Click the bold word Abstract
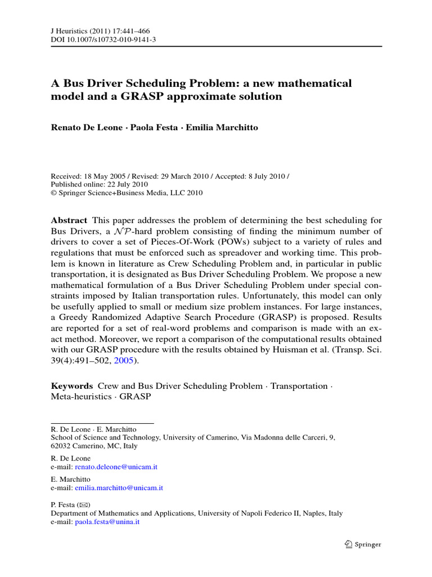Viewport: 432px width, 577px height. coord(69,220)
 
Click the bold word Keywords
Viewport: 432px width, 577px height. coord(72,386)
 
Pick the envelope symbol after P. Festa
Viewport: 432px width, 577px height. coord(84,505)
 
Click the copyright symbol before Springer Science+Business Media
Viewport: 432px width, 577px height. coord(53,193)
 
